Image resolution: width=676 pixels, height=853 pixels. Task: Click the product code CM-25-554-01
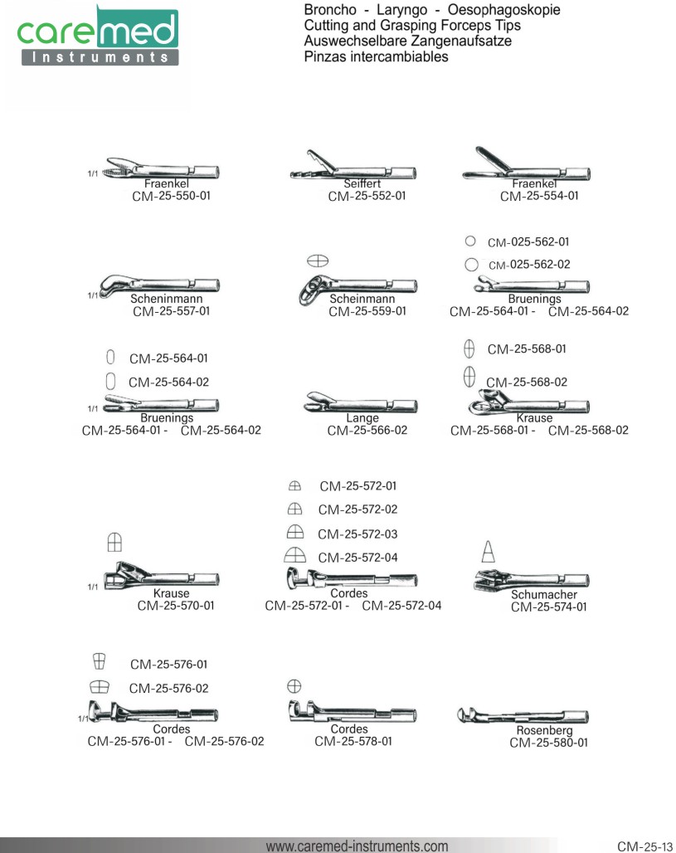pos(539,197)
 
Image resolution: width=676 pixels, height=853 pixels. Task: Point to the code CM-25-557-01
pos(171,311)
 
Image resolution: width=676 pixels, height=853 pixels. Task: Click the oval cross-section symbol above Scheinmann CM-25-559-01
pos(318,261)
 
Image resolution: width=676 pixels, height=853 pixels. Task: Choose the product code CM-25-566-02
pos(367,431)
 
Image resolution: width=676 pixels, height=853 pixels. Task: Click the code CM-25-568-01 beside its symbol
pos(527,349)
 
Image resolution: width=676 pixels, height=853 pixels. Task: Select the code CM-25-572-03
pos(357,534)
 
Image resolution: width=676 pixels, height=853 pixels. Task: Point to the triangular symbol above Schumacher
pos(489,551)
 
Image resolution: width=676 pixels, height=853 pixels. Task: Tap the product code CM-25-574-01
pos(549,607)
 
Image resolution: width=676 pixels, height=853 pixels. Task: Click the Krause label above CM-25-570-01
pos(172,593)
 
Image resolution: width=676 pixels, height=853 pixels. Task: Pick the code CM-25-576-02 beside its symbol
pos(168,688)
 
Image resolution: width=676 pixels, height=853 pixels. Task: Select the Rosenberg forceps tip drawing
pos(522,715)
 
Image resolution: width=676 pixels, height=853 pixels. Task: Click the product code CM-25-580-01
pos(548,743)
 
